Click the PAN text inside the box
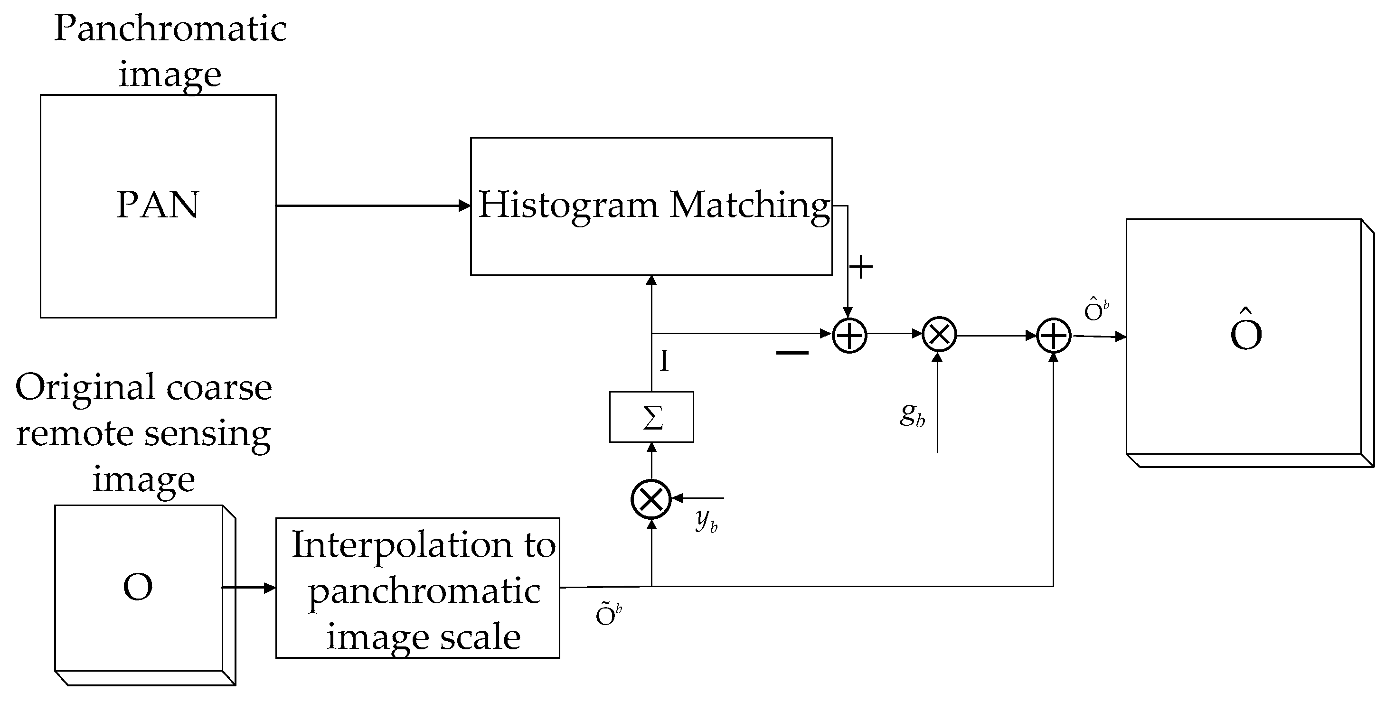click(x=158, y=205)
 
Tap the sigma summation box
click(x=651, y=417)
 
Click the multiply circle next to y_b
click(x=651, y=499)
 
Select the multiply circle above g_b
click(x=939, y=335)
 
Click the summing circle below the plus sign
click(x=849, y=335)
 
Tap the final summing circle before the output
click(x=1053, y=336)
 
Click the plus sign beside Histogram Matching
click(x=860, y=267)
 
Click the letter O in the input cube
click(x=138, y=587)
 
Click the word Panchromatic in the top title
click(x=170, y=28)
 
